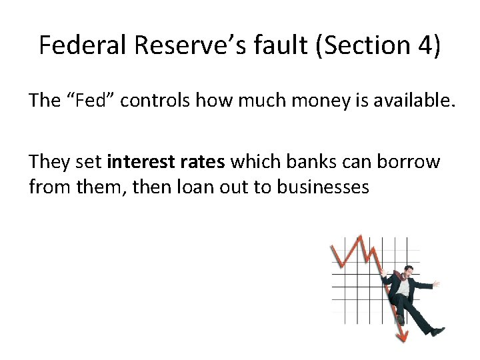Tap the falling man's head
coord(408,271)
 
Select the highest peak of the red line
coord(359,237)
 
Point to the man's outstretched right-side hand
coord(436,284)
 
